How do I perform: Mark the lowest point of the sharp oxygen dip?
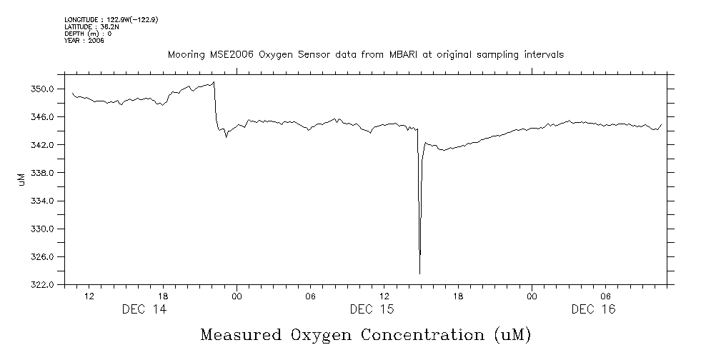coord(419,274)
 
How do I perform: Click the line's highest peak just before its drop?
coord(214,82)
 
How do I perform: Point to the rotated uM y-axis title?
coord(21,179)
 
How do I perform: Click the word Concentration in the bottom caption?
coord(424,334)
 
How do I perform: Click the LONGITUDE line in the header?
coord(111,19)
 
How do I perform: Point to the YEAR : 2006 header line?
coord(84,41)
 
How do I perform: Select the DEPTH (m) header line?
coord(87,34)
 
